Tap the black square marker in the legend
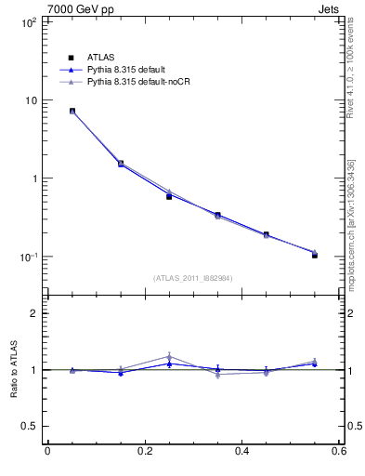(72, 58)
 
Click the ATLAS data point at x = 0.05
(72, 111)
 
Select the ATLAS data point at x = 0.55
(315, 255)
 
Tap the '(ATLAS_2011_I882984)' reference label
(193, 277)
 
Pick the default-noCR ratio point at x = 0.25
(169, 356)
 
